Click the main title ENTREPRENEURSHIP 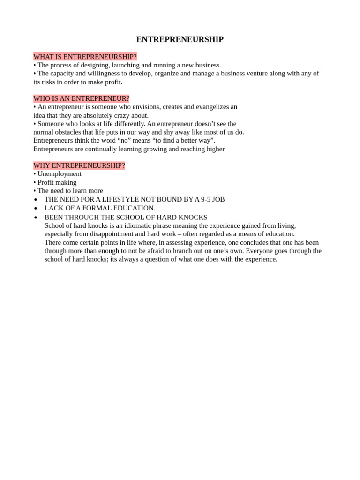180,40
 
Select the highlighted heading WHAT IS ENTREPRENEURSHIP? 85,57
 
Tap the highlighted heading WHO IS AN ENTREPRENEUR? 81,98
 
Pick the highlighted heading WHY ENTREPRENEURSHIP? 79,165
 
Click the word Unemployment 60,174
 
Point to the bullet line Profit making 57,182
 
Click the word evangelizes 207,107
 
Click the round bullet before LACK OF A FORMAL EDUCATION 36,208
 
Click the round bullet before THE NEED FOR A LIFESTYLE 36,200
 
